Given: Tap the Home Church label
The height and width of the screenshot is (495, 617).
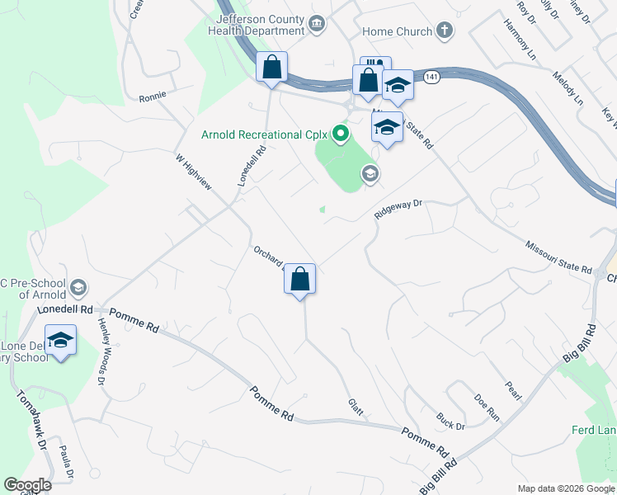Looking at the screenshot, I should click(398, 31).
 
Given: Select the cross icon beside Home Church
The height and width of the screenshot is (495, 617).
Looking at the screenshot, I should click(445, 31).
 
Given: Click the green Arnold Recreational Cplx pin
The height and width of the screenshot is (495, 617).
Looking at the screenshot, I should click(339, 133).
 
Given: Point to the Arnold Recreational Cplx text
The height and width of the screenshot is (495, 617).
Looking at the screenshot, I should click(264, 134).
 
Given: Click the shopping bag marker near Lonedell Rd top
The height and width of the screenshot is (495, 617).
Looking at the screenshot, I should click(271, 68).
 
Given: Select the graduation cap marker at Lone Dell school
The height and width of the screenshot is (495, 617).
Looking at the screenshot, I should click(60, 341).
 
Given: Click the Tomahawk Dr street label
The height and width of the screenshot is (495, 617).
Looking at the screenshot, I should click(28, 420).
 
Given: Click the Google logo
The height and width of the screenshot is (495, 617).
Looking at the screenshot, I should click(27, 485).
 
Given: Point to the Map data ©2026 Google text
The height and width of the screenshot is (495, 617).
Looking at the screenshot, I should click(565, 488).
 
